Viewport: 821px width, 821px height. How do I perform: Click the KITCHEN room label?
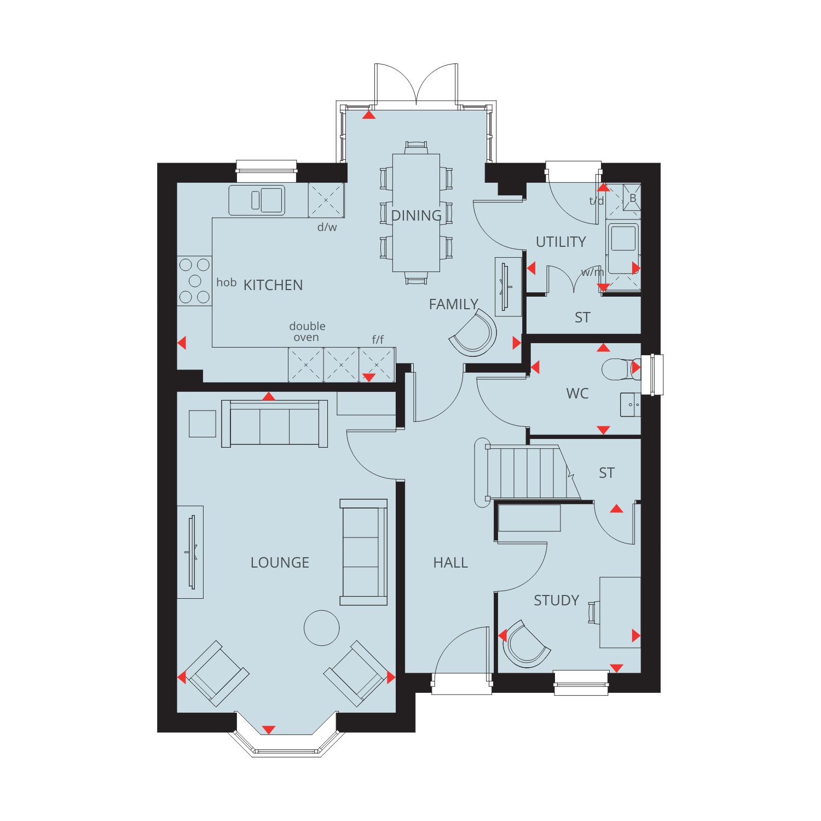(x=273, y=285)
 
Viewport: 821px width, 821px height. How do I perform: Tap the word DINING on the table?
(x=416, y=216)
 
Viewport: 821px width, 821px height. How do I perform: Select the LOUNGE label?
(x=280, y=563)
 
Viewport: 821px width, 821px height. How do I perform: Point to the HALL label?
(x=450, y=563)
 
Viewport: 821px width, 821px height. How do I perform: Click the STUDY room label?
(x=556, y=600)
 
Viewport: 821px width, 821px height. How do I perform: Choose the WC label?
(x=577, y=394)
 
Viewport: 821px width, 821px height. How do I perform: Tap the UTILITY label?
(x=560, y=242)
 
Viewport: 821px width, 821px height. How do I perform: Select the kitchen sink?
(x=257, y=200)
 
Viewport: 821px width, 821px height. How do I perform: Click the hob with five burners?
(x=194, y=281)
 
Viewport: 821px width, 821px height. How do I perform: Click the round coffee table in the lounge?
(x=322, y=628)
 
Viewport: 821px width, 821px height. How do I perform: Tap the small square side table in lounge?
(x=203, y=424)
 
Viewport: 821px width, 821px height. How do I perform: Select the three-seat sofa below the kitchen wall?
(x=275, y=424)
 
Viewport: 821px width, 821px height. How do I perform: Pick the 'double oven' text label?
(x=307, y=332)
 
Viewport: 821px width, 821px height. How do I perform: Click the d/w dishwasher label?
(x=327, y=227)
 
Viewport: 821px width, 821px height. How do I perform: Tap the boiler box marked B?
(x=632, y=198)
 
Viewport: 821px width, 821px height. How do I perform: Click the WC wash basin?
(x=631, y=404)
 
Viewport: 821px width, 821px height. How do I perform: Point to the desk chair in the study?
(x=593, y=612)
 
